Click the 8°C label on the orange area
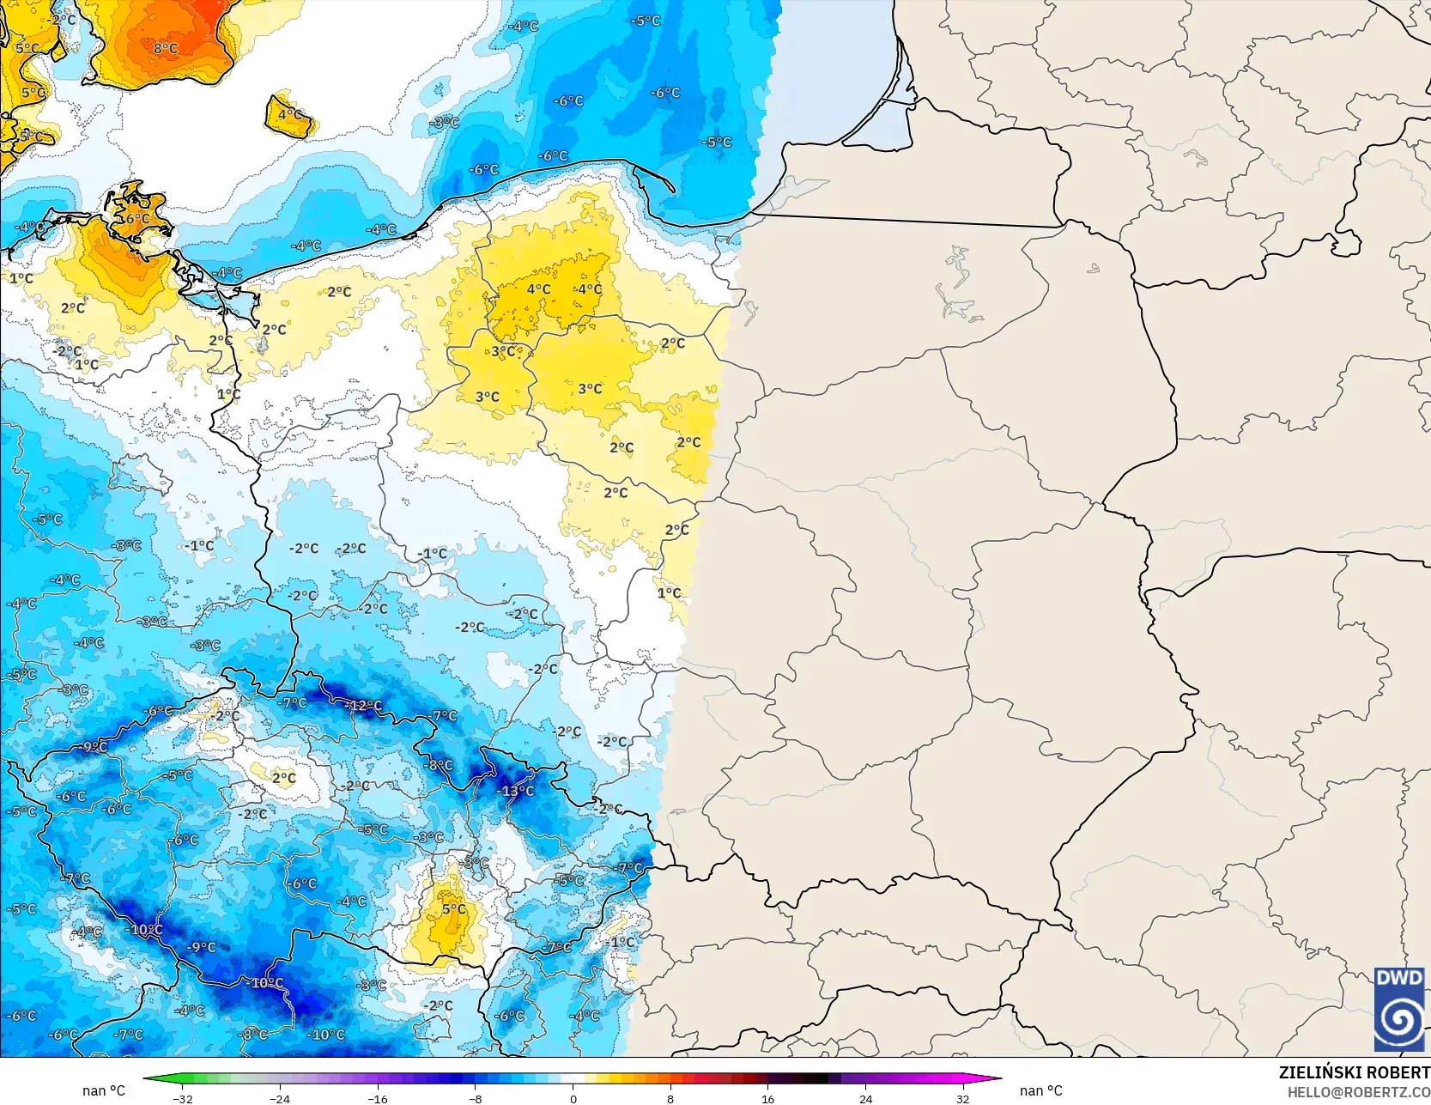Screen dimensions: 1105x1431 tap(166, 49)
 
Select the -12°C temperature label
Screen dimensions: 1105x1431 tap(364, 706)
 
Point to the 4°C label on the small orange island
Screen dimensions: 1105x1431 tap(290, 114)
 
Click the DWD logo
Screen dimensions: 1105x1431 tap(1399, 1009)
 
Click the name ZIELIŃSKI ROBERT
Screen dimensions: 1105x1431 tap(1354, 1072)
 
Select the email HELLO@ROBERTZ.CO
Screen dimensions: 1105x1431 tap(1358, 1091)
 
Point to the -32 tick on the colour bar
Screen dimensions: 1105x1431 tap(183, 1098)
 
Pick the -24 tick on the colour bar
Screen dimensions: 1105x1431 tap(280, 1098)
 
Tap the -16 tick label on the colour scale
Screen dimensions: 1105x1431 tap(378, 1098)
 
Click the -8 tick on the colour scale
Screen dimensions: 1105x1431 tap(476, 1098)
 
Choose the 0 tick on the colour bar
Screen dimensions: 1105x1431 tap(573, 1098)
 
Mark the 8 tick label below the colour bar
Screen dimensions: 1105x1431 tap(670, 1098)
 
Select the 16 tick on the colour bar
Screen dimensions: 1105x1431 tap(767, 1098)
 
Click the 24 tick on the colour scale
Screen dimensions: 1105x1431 tap(865, 1098)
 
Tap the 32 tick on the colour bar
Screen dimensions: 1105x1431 tap(962, 1098)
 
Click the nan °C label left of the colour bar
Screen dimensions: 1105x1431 tap(104, 1091)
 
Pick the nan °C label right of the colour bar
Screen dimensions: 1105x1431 tap(1040, 1091)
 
